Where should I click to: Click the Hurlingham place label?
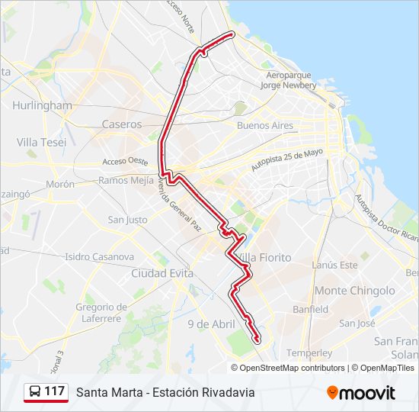point(43,105)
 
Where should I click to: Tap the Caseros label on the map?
point(122,124)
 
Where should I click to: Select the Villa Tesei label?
point(41,142)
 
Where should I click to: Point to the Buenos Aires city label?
point(264,125)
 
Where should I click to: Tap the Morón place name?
point(59,184)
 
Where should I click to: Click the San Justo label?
point(127,220)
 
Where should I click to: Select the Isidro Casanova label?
point(100,257)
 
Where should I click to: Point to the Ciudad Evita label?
point(162,273)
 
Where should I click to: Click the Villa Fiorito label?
point(265,258)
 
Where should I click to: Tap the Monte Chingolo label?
point(355,291)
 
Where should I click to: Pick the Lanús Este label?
point(334,265)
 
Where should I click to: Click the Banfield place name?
point(311,310)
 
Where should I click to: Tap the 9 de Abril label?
point(211,324)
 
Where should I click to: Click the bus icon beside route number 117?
point(35,391)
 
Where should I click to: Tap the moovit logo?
point(361,392)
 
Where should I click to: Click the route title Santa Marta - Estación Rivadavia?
point(165,392)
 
